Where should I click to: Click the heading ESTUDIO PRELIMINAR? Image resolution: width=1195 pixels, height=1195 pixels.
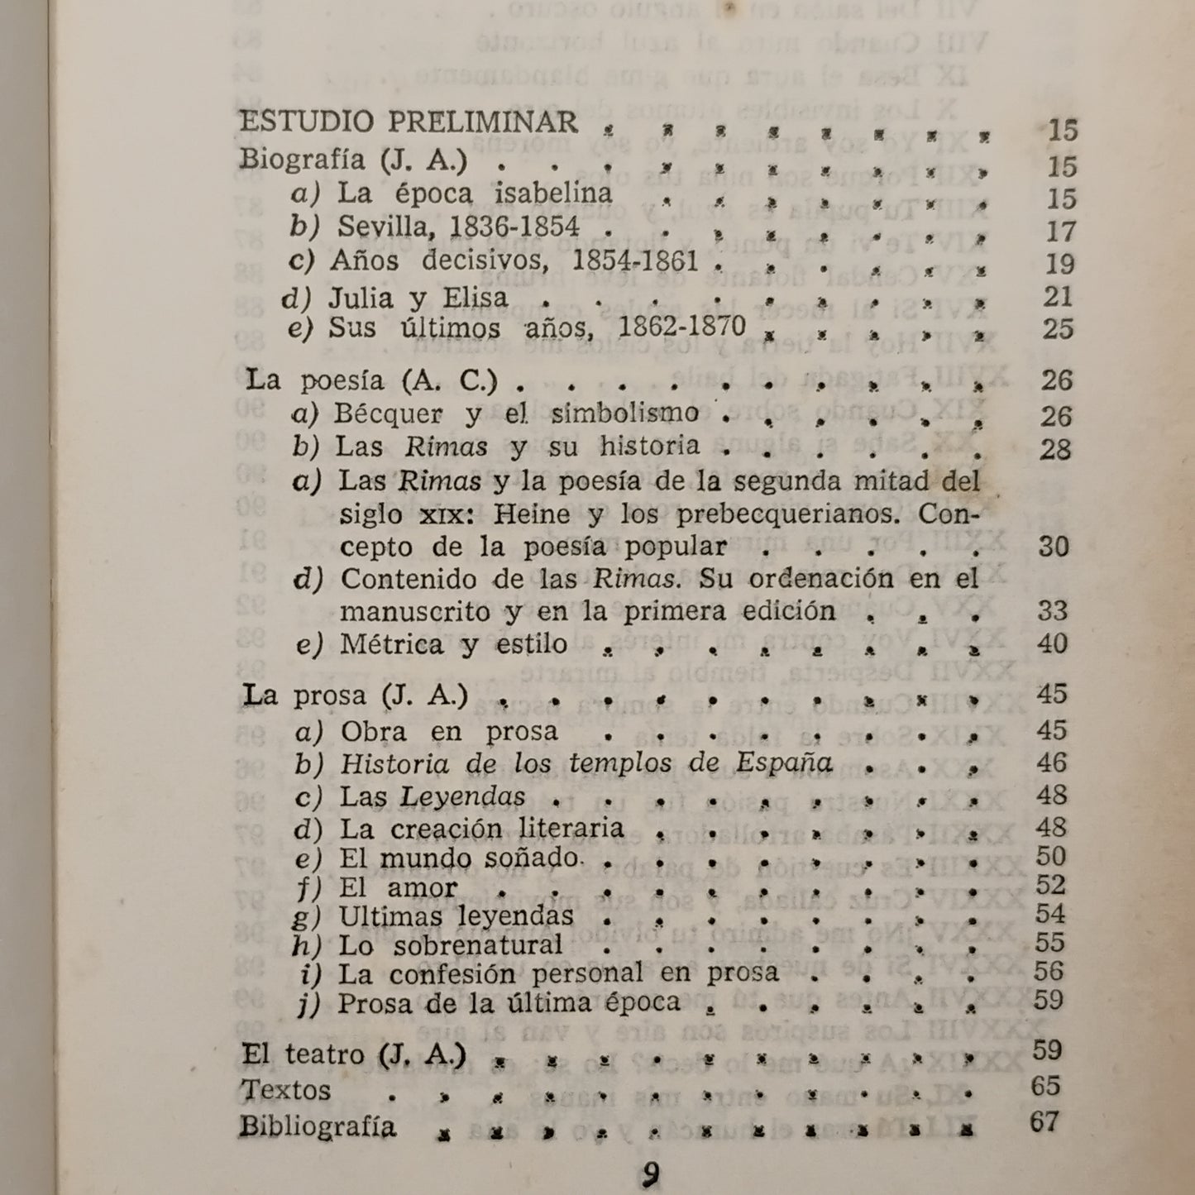(409, 122)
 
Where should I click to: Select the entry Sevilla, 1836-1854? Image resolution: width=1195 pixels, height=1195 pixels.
(458, 227)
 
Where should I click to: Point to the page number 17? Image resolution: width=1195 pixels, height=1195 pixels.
(1060, 232)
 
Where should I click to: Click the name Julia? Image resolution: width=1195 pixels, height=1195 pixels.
(360, 297)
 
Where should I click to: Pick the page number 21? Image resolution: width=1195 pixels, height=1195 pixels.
(1058, 296)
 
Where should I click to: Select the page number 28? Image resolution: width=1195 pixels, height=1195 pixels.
(1056, 450)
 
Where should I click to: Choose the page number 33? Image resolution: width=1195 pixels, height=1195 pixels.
(1053, 611)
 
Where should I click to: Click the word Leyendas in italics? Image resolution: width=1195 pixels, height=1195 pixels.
(462, 796)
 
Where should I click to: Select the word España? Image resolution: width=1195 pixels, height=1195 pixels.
(783, 762)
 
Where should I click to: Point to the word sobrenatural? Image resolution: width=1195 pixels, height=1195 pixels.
(477, 945)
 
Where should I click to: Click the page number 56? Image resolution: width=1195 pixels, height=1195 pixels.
(1049, 972)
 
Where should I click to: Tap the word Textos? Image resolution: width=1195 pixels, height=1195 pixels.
(286, 1090)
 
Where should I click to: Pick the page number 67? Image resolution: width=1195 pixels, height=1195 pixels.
(1045, 1122)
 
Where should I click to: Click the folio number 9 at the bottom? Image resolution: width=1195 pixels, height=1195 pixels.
(651, 1175)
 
